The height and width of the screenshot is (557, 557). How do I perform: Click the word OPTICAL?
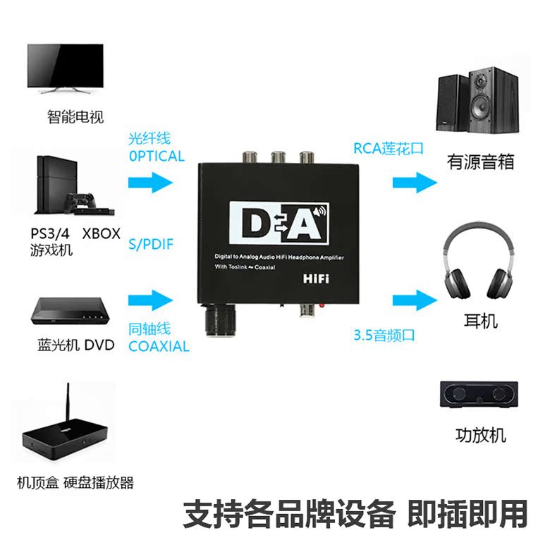coord(157,157)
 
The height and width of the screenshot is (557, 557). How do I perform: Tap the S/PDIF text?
coord(151,245)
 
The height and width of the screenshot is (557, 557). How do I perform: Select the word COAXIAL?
coord(159,346)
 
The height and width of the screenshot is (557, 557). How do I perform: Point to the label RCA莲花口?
coord(388,149)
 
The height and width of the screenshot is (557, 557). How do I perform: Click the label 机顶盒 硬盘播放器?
coord(75,483)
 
